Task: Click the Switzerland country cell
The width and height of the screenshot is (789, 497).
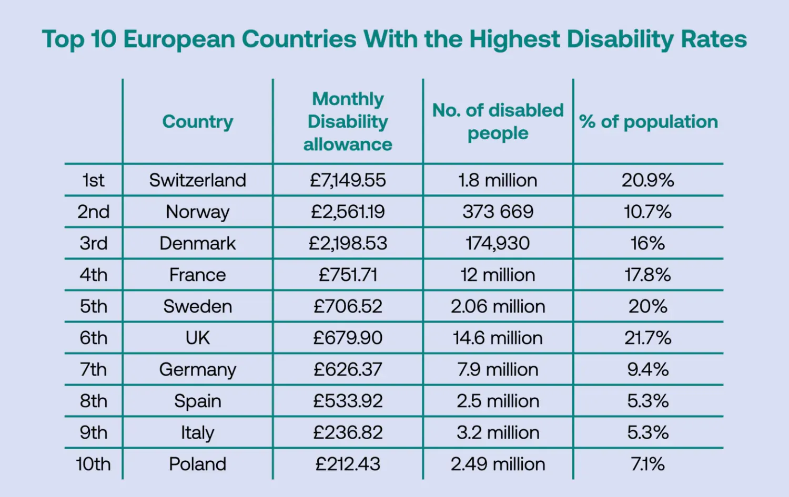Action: click(x=197, y=180)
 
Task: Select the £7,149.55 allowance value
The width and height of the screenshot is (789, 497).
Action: click(x=348, y=180)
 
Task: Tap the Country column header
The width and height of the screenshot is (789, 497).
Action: click(x=197, y=121)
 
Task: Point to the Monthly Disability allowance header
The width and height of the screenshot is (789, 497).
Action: click(x=348, y=121)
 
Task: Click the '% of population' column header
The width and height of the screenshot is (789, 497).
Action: click(x=648, y=121)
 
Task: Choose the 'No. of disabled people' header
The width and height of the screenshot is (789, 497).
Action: click(x=498, y=121)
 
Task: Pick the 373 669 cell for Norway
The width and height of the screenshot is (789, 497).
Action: click(x=498, y=212)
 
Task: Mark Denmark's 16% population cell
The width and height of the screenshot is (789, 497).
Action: click(x=648, y=243)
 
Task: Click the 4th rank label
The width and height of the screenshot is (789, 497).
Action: click(x=93, y=275)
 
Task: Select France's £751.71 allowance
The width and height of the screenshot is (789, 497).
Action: click(x=348, y=275)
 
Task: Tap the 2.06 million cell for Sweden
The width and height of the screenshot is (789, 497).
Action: click(x=498, y=306)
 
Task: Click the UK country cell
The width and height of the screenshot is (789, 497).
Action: click(x=197, y=338)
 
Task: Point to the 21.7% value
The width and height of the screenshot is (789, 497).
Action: click(x=648, y=338)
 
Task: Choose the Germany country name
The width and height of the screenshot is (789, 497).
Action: click(x=197, y=370)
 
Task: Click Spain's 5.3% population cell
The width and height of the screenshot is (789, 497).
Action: click(x=648, y=401)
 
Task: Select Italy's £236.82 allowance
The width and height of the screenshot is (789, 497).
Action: click(x=348, y=432)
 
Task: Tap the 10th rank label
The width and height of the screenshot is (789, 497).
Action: click(x=93, y=464)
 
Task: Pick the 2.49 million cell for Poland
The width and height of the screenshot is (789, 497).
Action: click(x=498, y=464)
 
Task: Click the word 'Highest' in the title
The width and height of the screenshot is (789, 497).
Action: click(x=514, y=39)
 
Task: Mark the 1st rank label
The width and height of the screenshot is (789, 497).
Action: click(x=93, y=180)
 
